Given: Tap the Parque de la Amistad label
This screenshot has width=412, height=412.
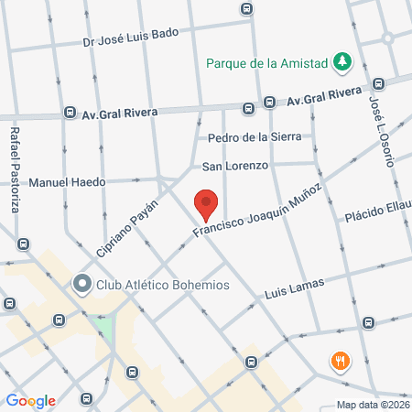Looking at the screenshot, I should pos(266,63).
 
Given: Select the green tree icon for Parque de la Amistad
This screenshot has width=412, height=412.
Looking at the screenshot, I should pos(342,62).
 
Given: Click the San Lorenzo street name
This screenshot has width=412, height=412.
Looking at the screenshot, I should pos(234,167).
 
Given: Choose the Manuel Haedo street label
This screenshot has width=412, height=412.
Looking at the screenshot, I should pos(67,182).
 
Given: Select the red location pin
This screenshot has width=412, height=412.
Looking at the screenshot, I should pos(206,203).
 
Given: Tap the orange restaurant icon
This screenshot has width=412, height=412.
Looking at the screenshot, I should pos(341,361).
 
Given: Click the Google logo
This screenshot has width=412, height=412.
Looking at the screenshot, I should pos(31,400).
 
